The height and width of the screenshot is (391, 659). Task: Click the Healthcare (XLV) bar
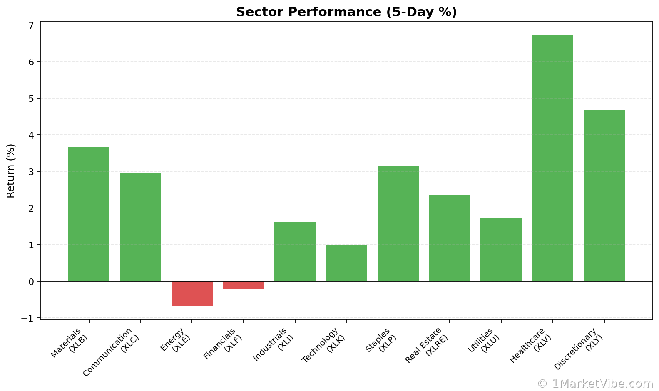552,158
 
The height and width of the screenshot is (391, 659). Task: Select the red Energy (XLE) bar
192,293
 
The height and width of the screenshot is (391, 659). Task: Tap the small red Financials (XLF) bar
243,285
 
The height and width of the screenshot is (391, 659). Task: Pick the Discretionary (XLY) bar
604,195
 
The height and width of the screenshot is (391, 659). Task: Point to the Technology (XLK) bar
346,263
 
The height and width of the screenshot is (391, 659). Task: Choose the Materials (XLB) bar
89,214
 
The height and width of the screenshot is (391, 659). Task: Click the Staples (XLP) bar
398,224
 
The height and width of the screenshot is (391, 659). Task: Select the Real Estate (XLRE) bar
450,238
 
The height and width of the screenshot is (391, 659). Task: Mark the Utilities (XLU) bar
501,250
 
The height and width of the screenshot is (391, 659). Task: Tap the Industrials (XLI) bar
295,251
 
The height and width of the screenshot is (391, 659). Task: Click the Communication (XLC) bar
140,227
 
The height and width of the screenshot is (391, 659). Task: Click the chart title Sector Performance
346,12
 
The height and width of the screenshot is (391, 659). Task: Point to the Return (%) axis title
11,171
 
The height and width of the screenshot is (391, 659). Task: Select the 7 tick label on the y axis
31,25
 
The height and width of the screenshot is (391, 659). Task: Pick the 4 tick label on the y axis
31,135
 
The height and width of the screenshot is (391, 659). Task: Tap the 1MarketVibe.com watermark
595,383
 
